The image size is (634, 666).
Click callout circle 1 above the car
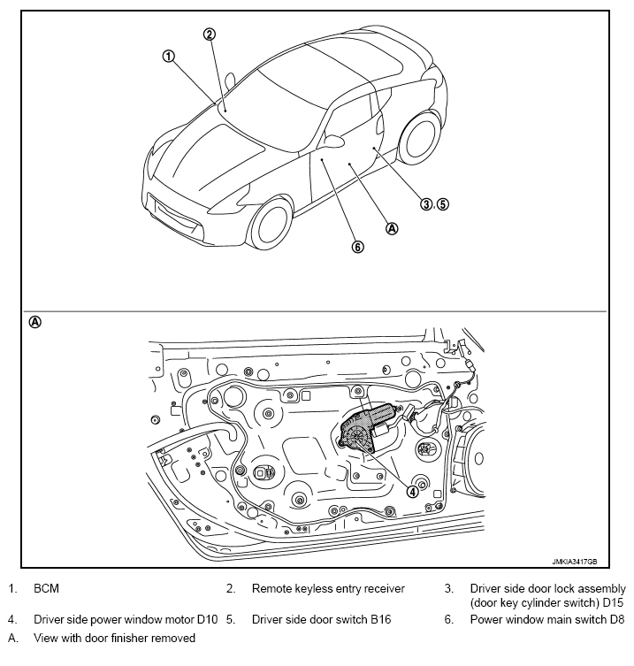pyautogui.click(x=168, y=56)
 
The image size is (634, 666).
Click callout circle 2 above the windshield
pyautogui.click(x=210, y=34)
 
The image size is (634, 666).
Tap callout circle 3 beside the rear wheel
pyautogui.click(x=426, y=203)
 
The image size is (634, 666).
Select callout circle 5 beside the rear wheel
pyautogui.click(x=442, y=203)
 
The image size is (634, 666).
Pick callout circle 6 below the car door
pyautogui.click(x=358, y=247)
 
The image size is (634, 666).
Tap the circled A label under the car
pyautogui.click(x=393, y=227)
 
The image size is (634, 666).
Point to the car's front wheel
pyautogui.click(x=271, y=222)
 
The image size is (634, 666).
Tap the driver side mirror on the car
pyautogui.click(x=334, y=140)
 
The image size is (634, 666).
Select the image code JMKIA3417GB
pyautogui.click(x=574, y=562)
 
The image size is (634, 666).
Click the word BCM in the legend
pyautogui.click(x=47, y=588)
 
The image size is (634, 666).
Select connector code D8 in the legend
pyautogui.click(x=616, y=620)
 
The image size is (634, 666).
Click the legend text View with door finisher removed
pyautogui.click(x=114, y=637)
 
